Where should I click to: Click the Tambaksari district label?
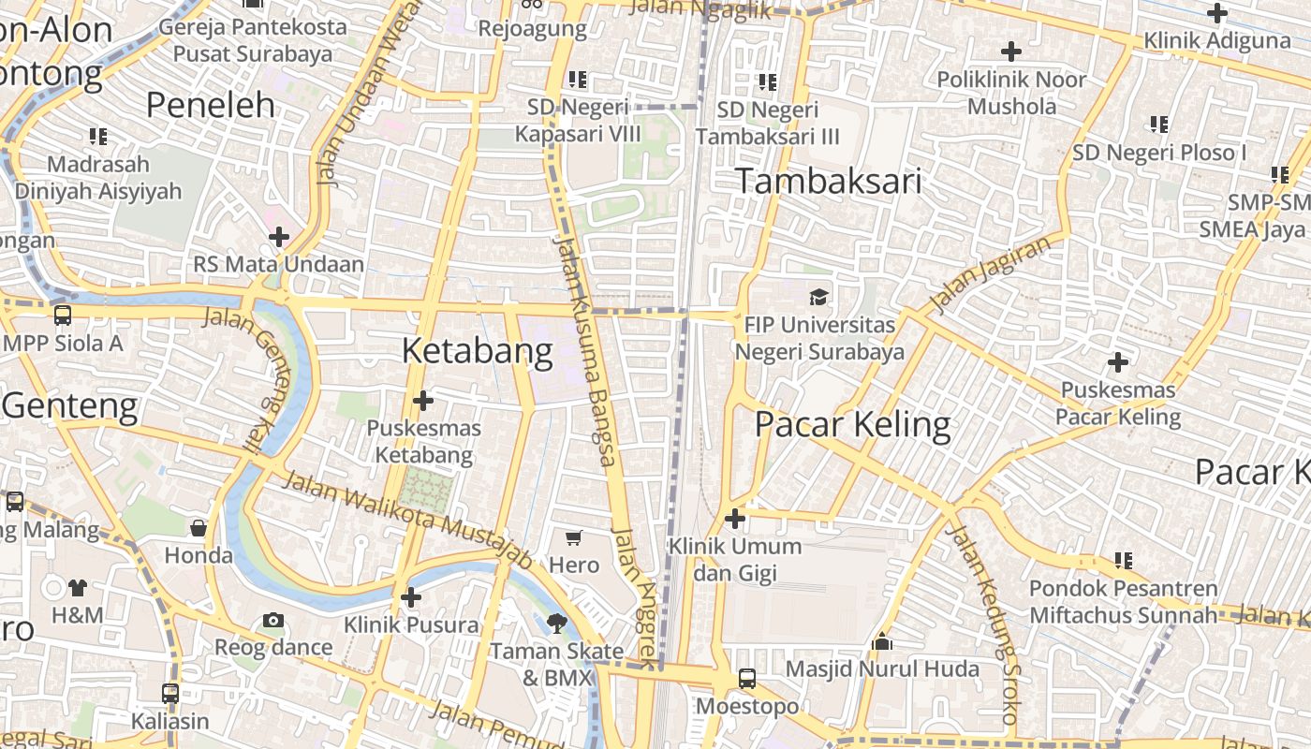point(828,181)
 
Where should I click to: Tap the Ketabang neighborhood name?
point(478,351)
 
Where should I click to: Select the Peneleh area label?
point(211,105)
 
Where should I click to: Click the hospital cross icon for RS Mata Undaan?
point(279,237)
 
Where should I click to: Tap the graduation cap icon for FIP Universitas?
point(819,297)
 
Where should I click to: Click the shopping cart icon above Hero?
point(574,537)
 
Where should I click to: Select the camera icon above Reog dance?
point(273,620)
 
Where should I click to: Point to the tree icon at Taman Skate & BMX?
point(557,623)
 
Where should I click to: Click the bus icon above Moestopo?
point(747,679)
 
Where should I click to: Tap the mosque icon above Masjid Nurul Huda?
point(881,642)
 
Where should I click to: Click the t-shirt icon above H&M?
point(78,588)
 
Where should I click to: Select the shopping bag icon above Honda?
point(199,528)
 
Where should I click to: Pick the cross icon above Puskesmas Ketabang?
point(423,401)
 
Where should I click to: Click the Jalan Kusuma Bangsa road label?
point(585,351)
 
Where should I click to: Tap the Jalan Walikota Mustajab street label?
point(406,520)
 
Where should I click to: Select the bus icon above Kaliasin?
point(169,694)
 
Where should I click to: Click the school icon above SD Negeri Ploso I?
point(1159,124)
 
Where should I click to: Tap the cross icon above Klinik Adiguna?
point(1216,13)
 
